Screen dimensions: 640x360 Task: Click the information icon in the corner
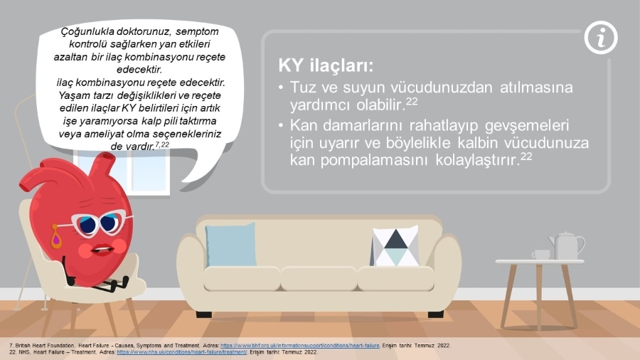[601, 38]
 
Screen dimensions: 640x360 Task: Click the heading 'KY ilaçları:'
[326, 65]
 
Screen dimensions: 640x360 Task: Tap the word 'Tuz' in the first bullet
[302, 88]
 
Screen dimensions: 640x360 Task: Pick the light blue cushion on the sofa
[230, 245]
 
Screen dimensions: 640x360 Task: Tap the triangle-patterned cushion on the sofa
[395, 245]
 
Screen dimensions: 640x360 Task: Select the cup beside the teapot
[541, 255]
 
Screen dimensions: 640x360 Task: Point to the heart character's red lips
[102, 248]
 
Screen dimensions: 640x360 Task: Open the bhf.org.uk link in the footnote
[300, 346]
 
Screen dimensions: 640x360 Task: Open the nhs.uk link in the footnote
[181, 352]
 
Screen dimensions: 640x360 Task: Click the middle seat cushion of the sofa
[319, 279]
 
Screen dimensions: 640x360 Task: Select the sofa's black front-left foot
[203, 314]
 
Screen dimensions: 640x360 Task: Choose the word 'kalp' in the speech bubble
[151, 121]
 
